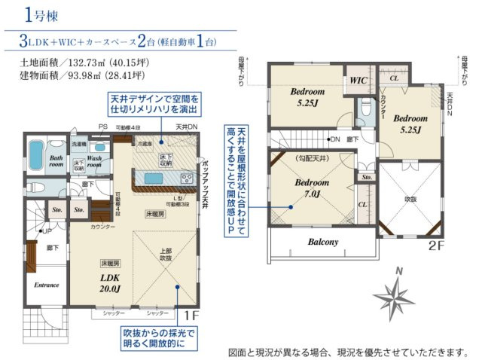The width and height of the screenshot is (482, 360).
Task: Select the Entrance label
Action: pos(46,285)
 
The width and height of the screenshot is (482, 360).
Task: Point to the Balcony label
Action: pos(322,242)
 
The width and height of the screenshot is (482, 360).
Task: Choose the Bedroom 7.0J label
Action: pos(313,188)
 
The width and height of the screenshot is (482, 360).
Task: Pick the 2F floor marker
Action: pos(438,246)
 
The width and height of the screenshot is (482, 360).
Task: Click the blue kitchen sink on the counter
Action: pos(153,178)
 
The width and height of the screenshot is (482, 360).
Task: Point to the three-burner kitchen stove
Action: pos(186,178)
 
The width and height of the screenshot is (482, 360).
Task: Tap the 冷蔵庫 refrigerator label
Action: pos(143,142)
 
